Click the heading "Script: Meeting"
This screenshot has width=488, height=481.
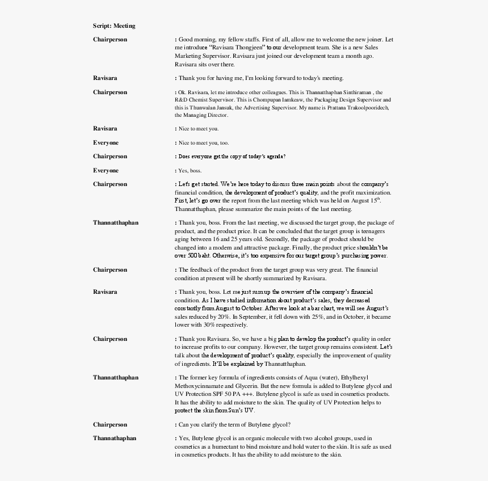(x=114, y=26)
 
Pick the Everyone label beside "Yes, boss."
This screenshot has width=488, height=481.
(x=106, y=170)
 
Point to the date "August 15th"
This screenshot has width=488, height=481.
(x=361, y=201)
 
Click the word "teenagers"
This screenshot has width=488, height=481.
(x=373, y=231)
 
